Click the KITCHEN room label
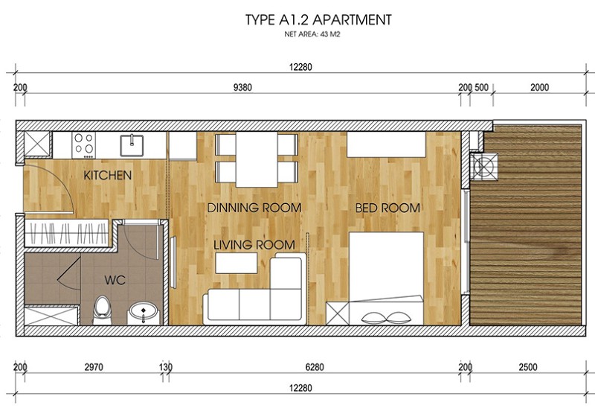(107, 176)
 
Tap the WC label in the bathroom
(115, 281)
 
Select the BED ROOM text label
(387, 208)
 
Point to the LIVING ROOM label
(254, 245)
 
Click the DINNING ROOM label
(254, 208)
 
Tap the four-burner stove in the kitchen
(84, 145)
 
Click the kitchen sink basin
(132, 145)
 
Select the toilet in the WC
(102, 310)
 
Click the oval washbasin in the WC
(143, 313)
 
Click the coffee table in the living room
(236, 263)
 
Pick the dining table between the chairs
(257, 159)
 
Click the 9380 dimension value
(242, 87)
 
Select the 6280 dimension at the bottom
(315, 367)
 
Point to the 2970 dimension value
(94, 367)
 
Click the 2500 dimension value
(528, 367)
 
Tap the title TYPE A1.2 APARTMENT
(318, 20)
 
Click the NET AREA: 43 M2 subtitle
(312, 34)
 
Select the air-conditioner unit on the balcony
(484, 166)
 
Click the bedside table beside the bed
(338, 313)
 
